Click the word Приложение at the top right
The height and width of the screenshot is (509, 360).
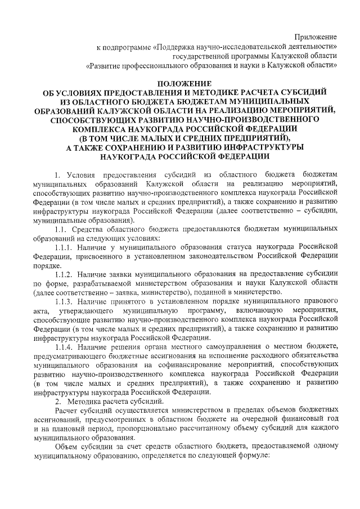[318, 37]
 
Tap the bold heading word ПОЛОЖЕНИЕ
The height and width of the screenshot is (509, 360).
[179, 83]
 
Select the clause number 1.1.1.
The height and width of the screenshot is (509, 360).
[66, 245]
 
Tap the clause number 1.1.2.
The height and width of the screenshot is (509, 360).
[66, 274]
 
